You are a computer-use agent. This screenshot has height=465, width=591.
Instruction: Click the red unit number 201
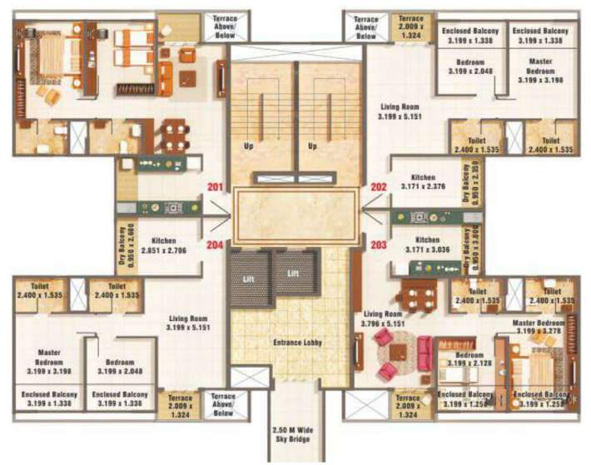pos(214,186)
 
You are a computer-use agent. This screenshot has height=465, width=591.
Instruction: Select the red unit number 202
pos(379,187)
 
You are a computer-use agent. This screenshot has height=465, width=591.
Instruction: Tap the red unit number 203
pos(379,245)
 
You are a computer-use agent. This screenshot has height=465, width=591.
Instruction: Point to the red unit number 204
pos(214,245)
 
